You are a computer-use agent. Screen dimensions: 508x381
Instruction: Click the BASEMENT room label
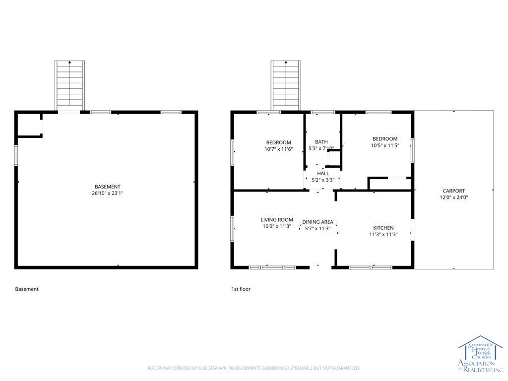click(x=107, y=187)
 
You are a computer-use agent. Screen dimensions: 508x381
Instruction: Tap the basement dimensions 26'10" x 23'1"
click(x=107, y=193)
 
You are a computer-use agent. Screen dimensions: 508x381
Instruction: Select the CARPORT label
click(x=453, y=191)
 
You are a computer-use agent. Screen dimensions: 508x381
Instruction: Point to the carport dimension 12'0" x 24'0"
click(x=453, y=197)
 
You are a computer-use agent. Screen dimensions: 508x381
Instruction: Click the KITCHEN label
click(x=383, y=228)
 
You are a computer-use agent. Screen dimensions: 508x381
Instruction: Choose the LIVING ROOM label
click(x=277, y=220)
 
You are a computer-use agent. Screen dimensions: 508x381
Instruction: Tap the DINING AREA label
click(x=317, y=222)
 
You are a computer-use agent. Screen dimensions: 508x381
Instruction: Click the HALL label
click(x=323, y=174)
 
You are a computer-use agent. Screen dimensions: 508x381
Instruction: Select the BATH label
click(x=321, y=142)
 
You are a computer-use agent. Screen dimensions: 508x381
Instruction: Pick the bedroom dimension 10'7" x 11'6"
click(x=279, y=149)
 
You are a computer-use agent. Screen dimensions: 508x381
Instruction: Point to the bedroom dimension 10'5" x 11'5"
click(x=385, y=145)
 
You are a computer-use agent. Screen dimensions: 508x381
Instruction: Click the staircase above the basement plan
click(x=69, y=85)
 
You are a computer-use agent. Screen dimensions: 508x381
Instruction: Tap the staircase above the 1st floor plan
click(x=286, y=85)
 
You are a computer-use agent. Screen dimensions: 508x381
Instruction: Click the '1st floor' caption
click(x=241, y=289)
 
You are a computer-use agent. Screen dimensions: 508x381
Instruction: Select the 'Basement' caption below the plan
click(x=27, y=289)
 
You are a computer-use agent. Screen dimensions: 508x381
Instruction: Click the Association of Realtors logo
click(x=480, y=354)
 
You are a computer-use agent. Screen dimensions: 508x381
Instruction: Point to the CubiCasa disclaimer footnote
click(x=254, y=368)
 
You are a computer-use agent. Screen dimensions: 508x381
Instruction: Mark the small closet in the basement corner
click(x=29, y=125)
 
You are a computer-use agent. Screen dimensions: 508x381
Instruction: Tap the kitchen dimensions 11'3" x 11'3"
click(x=383, y=234)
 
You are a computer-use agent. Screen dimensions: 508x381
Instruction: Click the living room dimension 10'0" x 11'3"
click(x=277, y=226)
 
